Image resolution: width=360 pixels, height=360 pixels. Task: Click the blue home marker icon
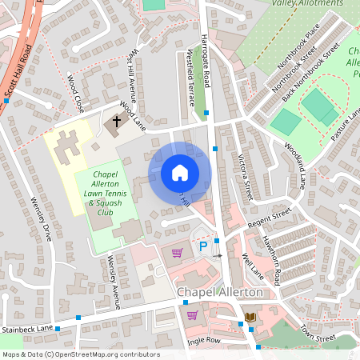pyautogui.click(x=180, y=173)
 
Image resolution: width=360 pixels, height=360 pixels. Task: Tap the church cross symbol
pyautogui.click(x=117, y=122)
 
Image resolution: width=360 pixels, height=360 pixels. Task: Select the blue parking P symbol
pyautogui.click(x=203, y=247)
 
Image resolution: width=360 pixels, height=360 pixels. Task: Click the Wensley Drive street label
pyautogui.click(x=40, y=220)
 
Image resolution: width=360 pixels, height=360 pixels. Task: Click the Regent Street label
pyautogui.click(x=270, y=216)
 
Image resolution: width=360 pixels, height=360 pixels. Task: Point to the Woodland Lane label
pyautogui.click(x=294, y=166)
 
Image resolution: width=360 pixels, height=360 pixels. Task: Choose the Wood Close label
pyautogui.click(x=76, y=92)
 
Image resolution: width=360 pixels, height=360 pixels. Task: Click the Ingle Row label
pyautogui.click(x=203, y=341)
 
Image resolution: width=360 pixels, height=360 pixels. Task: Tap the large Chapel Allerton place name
pyautogui.click(x=219, y=293)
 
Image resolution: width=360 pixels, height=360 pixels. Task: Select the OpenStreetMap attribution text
pyautogui.click(x=81, y=354)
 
